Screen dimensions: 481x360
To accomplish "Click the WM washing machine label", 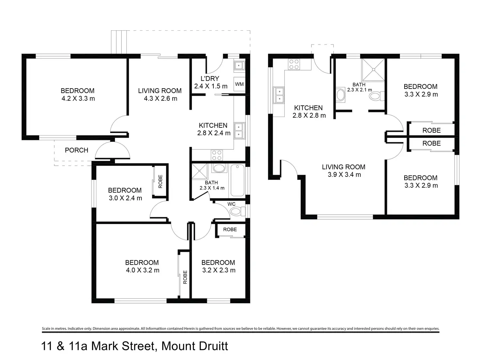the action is tap(239, 84).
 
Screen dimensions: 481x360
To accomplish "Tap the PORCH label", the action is tap(76, 150).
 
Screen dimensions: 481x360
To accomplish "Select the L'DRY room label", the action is tap(210, 78).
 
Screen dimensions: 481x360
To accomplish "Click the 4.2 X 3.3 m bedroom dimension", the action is tap(78, 98).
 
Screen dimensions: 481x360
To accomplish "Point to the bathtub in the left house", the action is tap(238, 180).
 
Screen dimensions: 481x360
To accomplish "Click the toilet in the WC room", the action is tap(238, 211).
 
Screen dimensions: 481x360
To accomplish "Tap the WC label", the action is tap(231, 204).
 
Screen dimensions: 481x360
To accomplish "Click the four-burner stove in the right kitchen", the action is tap(294, 64).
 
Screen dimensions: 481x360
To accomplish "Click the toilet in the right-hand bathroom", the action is tap(376, 96).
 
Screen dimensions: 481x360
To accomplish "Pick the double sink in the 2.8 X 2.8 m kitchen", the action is tap(279, 95).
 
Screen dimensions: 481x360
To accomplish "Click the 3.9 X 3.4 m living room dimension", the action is tap(344, 175).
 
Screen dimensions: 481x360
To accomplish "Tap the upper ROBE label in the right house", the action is tap(431, 130).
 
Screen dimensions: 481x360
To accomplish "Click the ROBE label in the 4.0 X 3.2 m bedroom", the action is tap(185, 277).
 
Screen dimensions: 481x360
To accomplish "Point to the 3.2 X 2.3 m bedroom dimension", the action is tap(219, 270).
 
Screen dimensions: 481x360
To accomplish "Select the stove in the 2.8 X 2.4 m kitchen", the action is tap(216, 155).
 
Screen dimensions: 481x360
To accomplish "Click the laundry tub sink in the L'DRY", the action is tap(239, 66).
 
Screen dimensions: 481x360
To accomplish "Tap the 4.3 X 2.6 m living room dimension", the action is tap(160, 98).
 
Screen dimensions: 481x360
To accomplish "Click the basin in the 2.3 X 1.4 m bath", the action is tap(219, 169).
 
